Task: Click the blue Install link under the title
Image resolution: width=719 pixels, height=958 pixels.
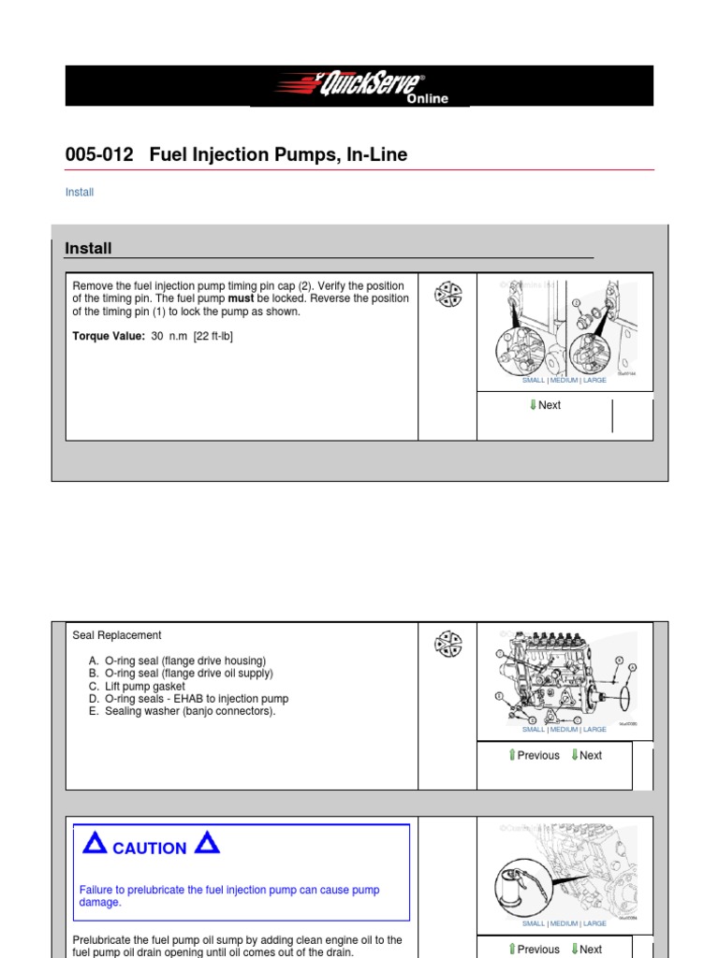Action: coord(80,193)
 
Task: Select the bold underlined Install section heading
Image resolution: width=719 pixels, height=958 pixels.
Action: coord(88,248)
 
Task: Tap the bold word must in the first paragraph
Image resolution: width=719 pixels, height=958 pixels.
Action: coord(241,298)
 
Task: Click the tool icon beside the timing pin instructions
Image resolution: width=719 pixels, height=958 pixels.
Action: coord(448,295)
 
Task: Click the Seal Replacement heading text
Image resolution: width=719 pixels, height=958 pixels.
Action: coord(117,635)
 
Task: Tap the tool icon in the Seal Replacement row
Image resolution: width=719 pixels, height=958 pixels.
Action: coord(448,645)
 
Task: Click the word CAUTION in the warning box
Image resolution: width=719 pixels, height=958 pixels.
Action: coord(149,849)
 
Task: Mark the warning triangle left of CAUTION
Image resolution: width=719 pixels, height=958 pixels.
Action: coord(94,844)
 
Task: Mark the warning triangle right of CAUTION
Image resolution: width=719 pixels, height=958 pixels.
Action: coord(207,844)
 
